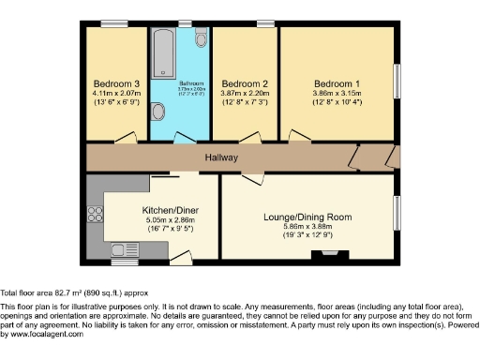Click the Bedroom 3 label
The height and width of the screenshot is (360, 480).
click(116, 82)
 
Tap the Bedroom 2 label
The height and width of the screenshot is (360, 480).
click(245, 82)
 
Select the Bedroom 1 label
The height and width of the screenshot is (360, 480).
click(336, 82)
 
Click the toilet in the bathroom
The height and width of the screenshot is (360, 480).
click(202, 38)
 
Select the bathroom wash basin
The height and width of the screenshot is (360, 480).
click(158, 112)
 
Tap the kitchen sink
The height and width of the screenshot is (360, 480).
click(123, 248)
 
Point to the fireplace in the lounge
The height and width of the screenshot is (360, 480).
click(337, 254)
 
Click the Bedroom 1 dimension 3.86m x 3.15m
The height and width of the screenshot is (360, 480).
click(336, 93)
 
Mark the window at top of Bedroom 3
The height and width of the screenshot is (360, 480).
click(115, 23)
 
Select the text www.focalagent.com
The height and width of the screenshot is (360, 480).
click(42, 335)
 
